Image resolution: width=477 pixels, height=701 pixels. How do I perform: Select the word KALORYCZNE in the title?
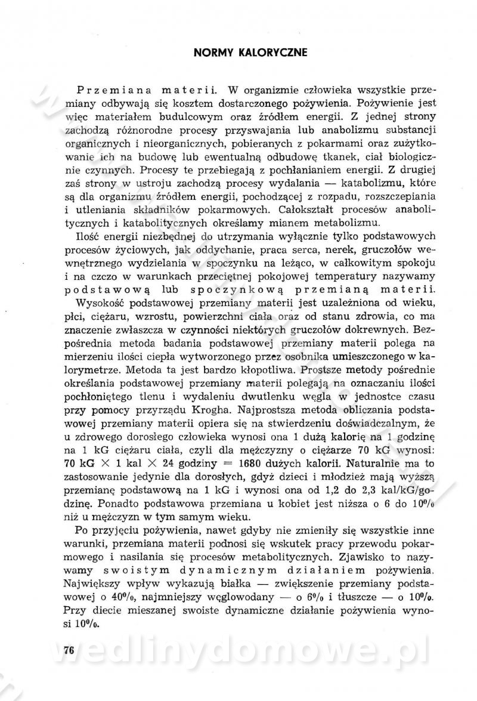tap(274, 53)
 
